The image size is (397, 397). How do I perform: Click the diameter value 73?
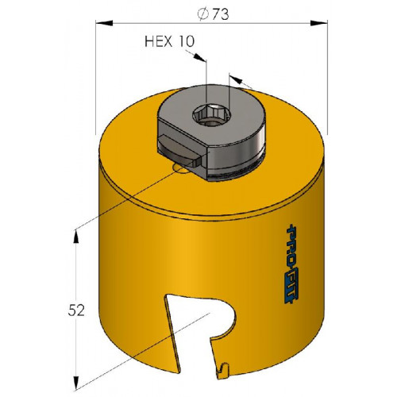pyautogui.click(x=220, y=14)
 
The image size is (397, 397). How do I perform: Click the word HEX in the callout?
pyautogui.click(x=158, y=41)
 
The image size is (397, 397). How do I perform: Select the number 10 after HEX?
pyautogui.click(x=186, y=41)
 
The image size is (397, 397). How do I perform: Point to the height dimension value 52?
pyautogui.click(x=76, y=310)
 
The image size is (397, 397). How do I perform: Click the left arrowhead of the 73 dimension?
pyautogui.click(x=104, y=23)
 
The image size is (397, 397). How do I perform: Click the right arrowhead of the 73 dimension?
pyautogui.click(x=318, y=23)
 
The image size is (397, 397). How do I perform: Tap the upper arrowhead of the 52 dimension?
pyautogui.click(x=76, y=237)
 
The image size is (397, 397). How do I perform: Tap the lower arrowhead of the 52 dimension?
pyautogui.click(x=76, y=382)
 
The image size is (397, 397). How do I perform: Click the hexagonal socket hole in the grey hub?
pyautogui.click(x=212, y=114)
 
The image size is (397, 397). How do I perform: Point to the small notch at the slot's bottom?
pyautogui.click(x=223, y=369)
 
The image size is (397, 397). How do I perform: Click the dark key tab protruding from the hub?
pyautogui.click(x=178, y=150)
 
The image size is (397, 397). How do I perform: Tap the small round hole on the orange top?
pyautogui.click(x=180, y=168)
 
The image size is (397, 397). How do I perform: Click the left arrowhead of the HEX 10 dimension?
pyautogui.click(x=199, y=57)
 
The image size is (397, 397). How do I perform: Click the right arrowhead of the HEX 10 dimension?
pyautogui.click(x=236, y=79)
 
